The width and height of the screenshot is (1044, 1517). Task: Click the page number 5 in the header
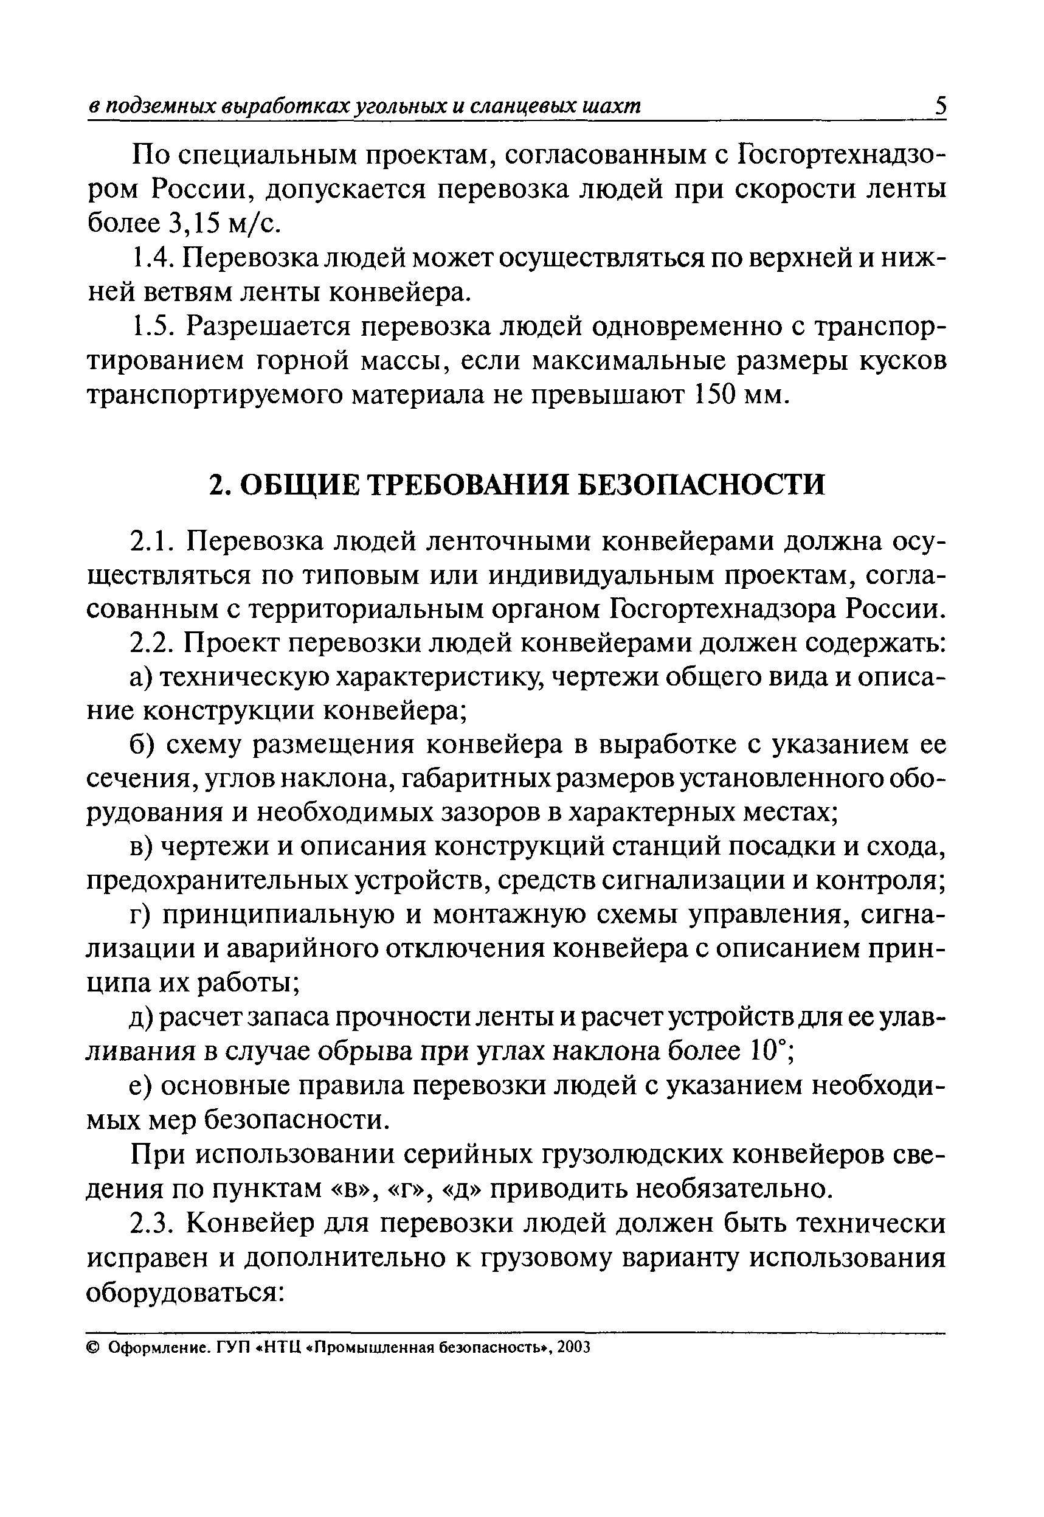tap(939, 106)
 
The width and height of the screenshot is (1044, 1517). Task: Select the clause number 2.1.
tap(152, 541)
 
